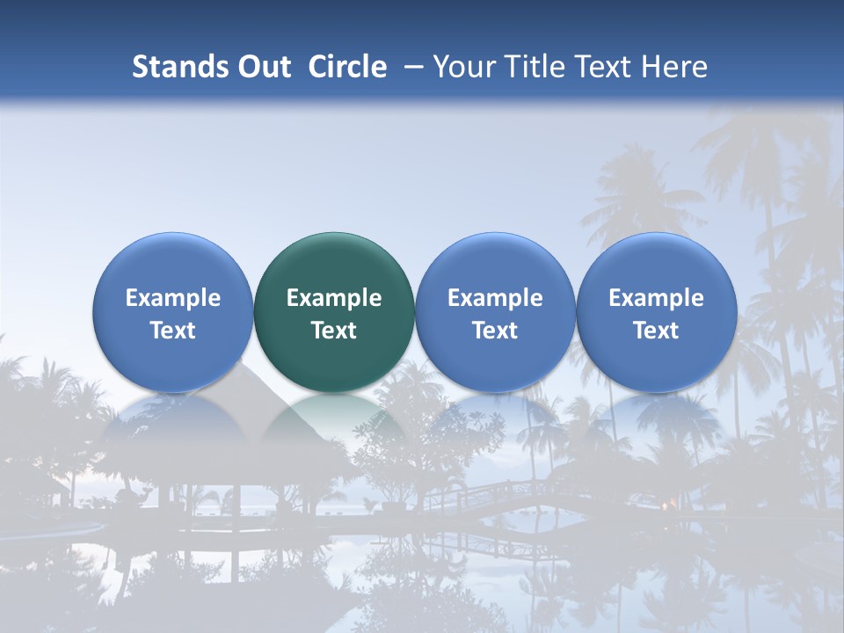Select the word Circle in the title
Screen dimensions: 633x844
click(347, 67)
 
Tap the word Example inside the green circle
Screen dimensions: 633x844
click(334, 298)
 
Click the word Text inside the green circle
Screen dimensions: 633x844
click(334, 331)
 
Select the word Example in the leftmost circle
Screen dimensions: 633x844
click(172, 298)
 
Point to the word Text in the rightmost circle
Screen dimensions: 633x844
click(656, 331)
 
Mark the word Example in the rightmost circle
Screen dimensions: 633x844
click(656, 298)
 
